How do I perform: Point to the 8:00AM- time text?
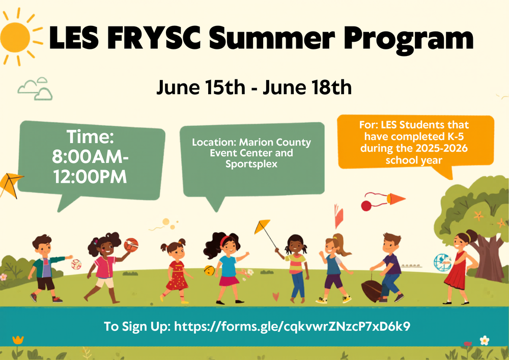pyautogui.click(x=90, y=157)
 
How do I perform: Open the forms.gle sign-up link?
pyautogui.click(x=292, y=326)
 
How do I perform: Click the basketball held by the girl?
pyautogui.click(x=131, y=244)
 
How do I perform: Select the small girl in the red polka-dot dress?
pyautogui.click(x=176, y=270)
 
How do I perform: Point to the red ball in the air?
pyautogui.click(x=366, y=206)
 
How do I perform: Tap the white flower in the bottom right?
pyautogui.click(x=485, y=340)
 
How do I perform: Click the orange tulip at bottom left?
pyautogui.click(x=18, y=339)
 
